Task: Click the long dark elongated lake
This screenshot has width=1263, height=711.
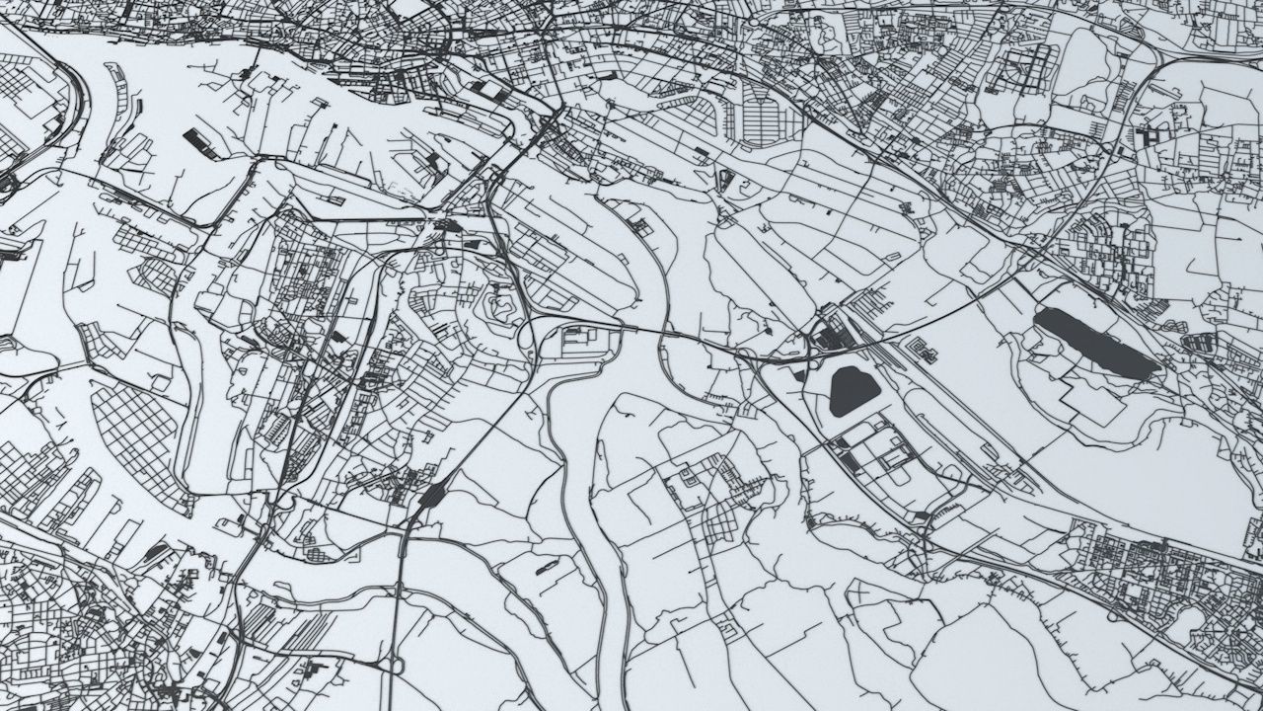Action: (1095, 342)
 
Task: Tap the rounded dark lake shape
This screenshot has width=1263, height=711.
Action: (854, 390)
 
